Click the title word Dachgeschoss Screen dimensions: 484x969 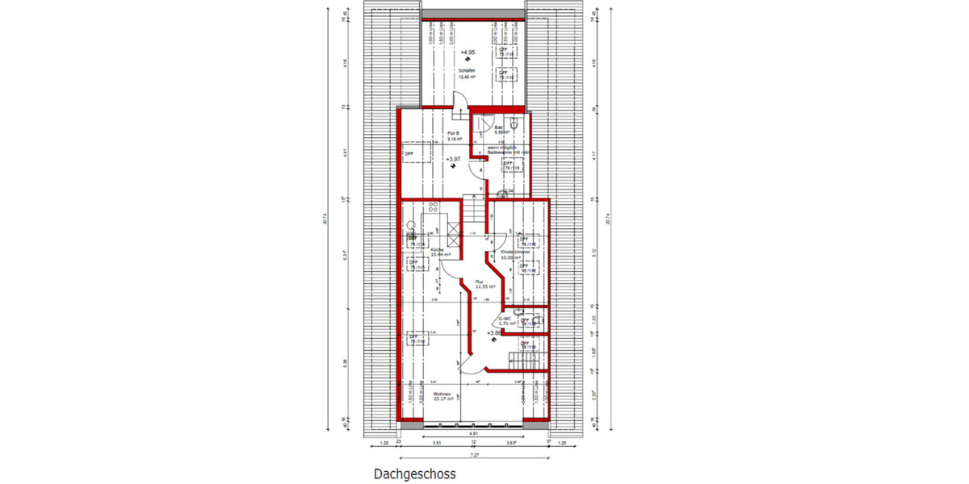tap(414, 474)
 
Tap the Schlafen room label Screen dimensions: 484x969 tap(464, 74)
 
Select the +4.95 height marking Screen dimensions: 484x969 tap(466, 52)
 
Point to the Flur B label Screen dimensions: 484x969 tap(452, 135)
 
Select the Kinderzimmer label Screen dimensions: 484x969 tap(516, 252)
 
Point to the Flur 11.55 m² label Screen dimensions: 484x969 tap(484, 284)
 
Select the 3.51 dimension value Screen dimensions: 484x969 tap(437, 444)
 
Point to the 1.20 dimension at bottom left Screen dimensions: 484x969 tap(384, 444)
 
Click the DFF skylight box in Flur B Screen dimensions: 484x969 tap(412, 152)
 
